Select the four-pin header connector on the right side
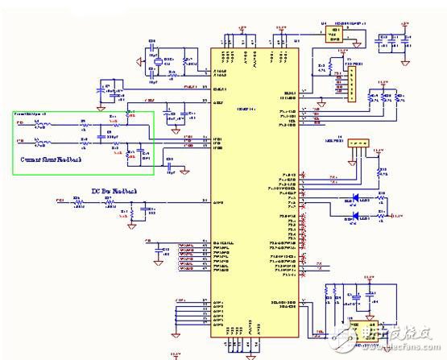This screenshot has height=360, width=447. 359,144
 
